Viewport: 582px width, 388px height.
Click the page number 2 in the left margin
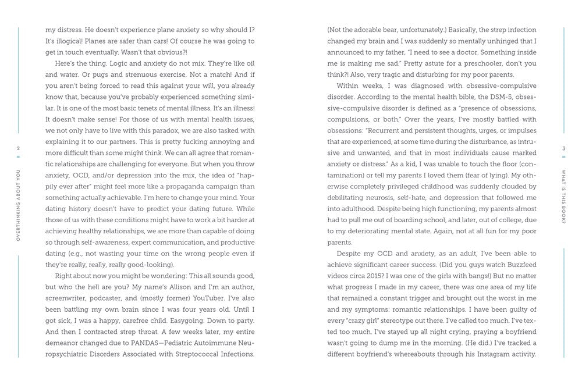[19, 148]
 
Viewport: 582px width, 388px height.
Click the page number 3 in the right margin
[563, 148]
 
